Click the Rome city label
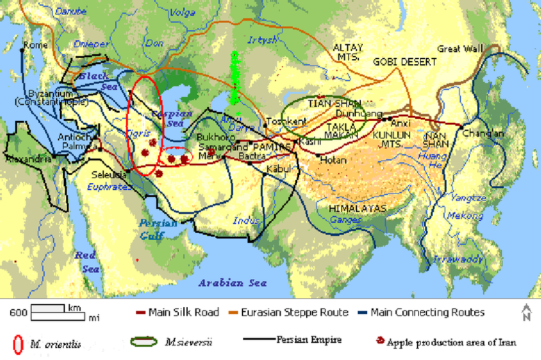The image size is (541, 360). click(x=35, y=45)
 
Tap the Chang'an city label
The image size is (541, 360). click(x=483, y=134)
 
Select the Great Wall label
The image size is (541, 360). click(x=460, y=49)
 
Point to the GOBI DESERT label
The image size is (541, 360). click(x=405, y=62)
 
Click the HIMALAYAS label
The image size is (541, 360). click(x=357, y=209)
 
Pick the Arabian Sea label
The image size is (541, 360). click(x=232, y=283)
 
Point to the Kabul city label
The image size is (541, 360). click(x=279, y=169)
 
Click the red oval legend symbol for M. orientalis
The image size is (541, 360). click(x=17, y=343)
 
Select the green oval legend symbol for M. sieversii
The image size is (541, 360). click(x=144, y=342)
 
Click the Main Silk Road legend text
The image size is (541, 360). click(x=183, y=312)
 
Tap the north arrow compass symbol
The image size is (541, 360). click(x=526, y=312)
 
